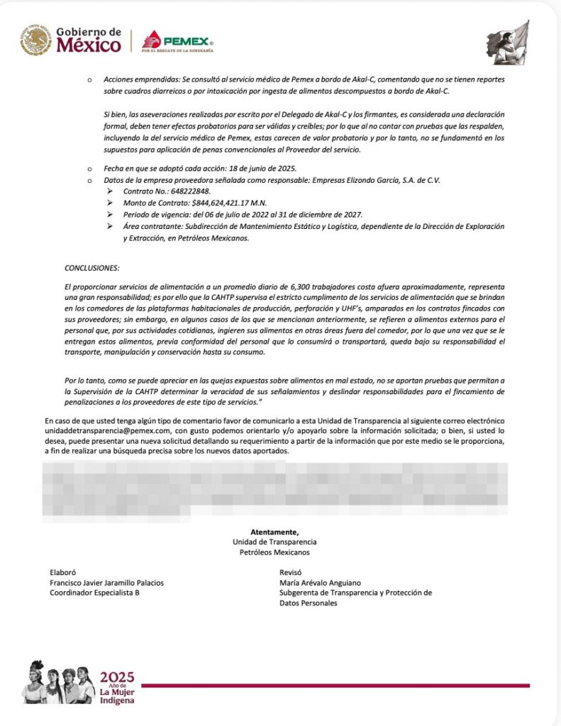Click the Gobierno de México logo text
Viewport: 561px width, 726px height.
[x=88, y=40]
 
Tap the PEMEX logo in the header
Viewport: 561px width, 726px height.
[x=177, y=41]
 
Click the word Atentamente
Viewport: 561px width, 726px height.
[x=274, y=532]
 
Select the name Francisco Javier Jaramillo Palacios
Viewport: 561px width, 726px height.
[x=106, y=582]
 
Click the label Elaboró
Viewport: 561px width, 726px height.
[x=62, y=571]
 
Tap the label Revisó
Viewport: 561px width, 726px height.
[x=291, y=571]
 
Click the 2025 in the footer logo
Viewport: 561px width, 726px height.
[x=117, y=676]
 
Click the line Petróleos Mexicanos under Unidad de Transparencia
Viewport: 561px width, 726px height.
[x=274, y=552]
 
